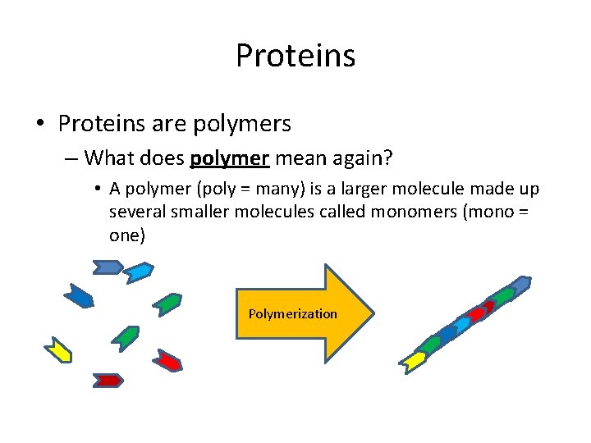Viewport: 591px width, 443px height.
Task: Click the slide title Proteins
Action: [x=295, y=56]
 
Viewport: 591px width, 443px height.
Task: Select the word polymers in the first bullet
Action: [x=241, y=124]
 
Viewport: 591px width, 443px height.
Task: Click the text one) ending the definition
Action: [x=127, y=235]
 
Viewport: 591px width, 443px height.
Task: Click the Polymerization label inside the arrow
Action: [x=292, y=313]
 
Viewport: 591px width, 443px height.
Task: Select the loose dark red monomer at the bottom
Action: [x=108, y=380]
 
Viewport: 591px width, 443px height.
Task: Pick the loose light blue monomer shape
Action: [x=138, y=272]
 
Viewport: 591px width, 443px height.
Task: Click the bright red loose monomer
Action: [x=168, y=360]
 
